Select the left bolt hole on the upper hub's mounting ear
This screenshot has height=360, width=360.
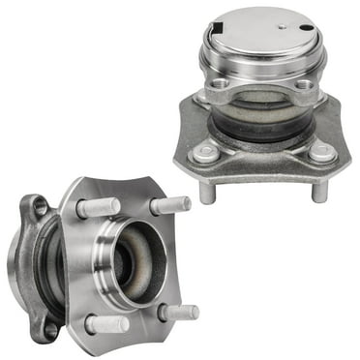[x=222, y=93]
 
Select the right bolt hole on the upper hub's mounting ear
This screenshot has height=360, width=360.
[x=303, y=84]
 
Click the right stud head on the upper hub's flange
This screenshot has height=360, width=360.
[x=319, y=151]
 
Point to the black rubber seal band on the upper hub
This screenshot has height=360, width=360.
[x=259, y=118]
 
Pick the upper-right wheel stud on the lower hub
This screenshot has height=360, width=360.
[x=170, y=205]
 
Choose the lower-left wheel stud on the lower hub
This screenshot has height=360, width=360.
[x=105, y=323]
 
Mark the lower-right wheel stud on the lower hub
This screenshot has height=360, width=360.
[x=179, y=313]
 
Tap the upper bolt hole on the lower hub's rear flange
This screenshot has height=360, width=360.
[x=39, y=205]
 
